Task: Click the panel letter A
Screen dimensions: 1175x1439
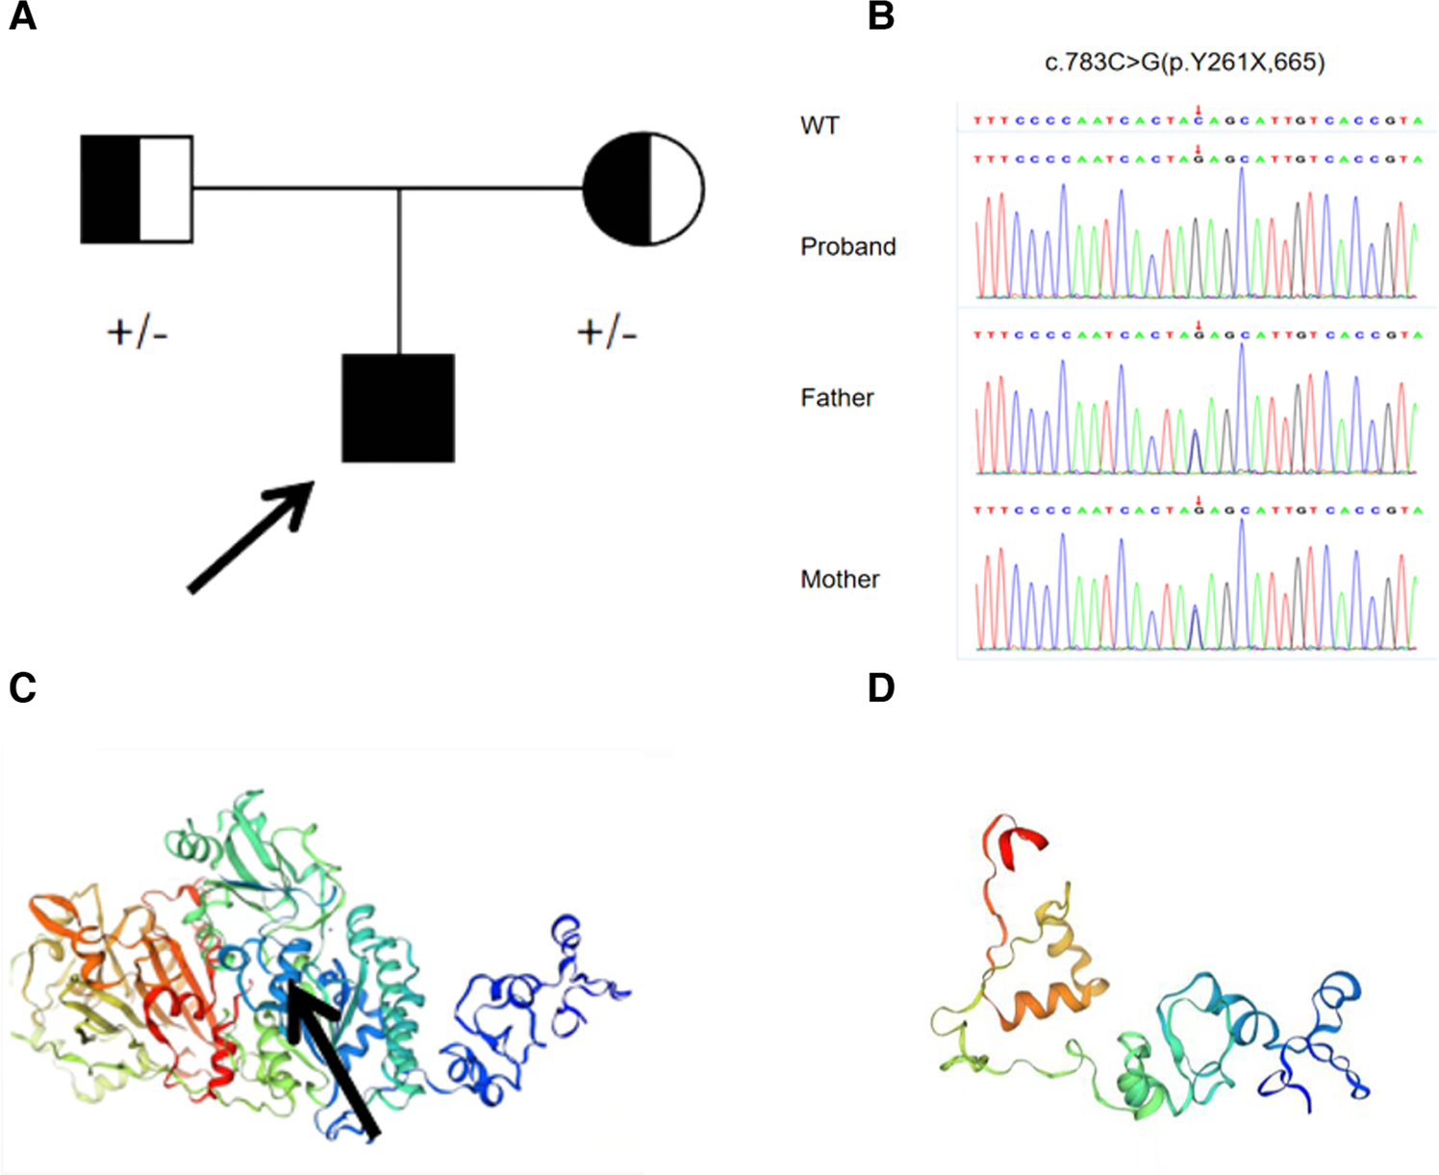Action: (x=22, y=16)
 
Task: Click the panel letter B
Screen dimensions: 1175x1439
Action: (x=881, y=16)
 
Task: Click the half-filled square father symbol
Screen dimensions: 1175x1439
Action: (x=137, y=189)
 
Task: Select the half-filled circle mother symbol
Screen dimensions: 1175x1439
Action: (x=644, y=189)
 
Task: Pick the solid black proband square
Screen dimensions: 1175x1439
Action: (x=398, y=409)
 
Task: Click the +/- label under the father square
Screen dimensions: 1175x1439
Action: (x=138, y=334)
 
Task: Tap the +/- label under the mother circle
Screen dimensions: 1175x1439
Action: (x=607, y=334)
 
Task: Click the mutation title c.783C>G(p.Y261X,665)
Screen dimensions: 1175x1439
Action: (x=1185, y=63)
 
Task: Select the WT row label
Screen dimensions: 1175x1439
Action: (x=820, y=126)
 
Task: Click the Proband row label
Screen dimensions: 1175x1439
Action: (x=847, y=247)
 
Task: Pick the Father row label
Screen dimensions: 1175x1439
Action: (x=837, y=398)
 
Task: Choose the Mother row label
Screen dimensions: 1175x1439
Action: (x=840, y=580)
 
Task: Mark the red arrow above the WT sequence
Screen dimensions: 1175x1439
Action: (x=1198, y=111)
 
